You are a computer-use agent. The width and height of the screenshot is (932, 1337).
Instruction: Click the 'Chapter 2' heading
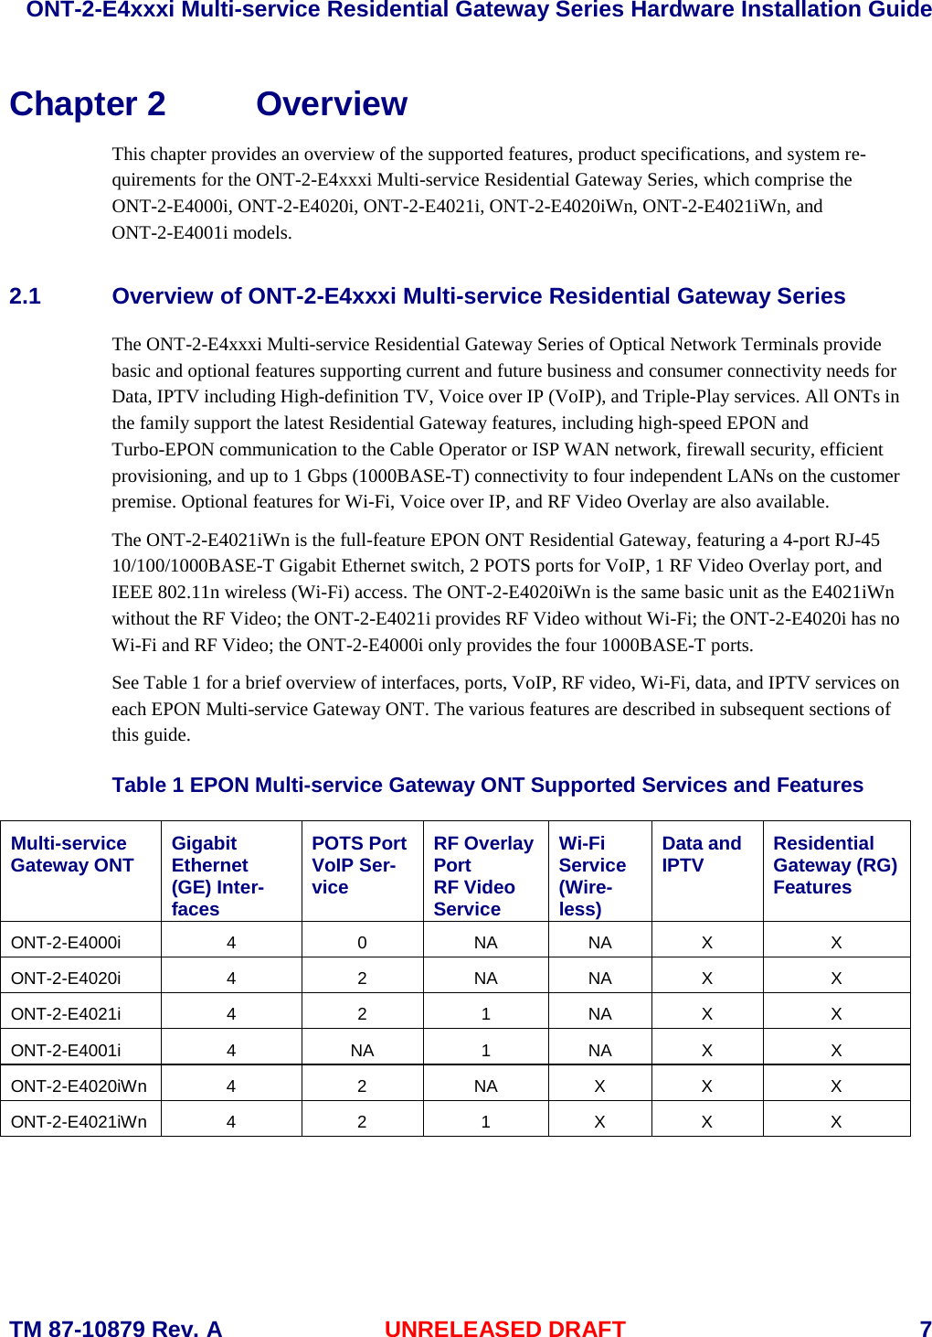(88, 104)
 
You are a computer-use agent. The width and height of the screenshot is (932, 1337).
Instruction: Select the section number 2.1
(25, 296)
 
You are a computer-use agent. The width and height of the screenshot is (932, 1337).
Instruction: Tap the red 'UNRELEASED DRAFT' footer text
(504, 1328)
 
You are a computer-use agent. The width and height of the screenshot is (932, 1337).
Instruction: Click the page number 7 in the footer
(925, 1328)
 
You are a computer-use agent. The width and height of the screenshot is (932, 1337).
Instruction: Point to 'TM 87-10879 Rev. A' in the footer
(115, 1328)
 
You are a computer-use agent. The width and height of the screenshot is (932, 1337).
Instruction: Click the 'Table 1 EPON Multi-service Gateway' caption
(487, 785)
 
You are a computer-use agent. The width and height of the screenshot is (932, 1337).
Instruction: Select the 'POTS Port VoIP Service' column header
(359, 865)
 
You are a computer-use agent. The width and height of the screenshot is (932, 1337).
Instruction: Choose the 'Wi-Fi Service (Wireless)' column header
(592, 875)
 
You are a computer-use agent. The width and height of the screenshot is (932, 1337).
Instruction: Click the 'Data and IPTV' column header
(701, 854)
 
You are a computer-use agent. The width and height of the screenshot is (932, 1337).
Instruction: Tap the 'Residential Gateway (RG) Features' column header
(834, 865)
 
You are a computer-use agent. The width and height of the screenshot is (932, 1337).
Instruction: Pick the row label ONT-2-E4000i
(66, 942)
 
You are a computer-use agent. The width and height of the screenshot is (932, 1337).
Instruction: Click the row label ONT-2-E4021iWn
(79, 1121)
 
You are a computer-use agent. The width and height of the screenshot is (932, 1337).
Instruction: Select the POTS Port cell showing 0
(362, 942)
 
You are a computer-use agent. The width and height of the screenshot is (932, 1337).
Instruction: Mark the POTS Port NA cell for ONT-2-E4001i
(362, 1050)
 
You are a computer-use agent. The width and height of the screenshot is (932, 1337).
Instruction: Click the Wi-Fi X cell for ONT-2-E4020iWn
(599, 1086)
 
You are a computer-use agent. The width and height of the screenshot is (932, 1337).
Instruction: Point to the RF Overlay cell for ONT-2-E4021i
(485, 1013)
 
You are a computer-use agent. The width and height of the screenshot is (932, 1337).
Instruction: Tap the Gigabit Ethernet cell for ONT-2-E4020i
(231, 978)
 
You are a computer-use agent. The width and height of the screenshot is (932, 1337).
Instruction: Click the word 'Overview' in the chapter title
(331, 104)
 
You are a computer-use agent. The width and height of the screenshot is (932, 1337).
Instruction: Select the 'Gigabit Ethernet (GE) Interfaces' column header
(217, 875)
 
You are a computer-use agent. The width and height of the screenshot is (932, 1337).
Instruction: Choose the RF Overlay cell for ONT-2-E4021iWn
(485, 1121)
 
